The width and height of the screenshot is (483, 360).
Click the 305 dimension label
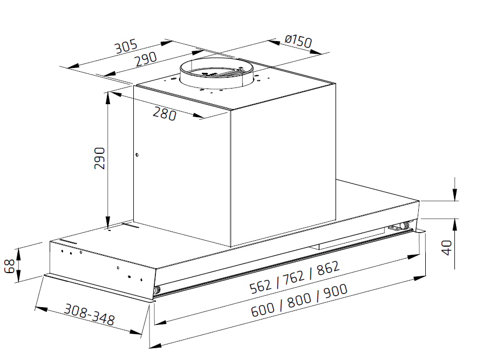point(126,47)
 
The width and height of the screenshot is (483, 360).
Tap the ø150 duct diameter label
point(298,41)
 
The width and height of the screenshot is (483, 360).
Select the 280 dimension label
point(165,113)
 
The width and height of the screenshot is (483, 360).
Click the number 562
point(261,286)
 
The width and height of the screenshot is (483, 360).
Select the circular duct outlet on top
point(216,73)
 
